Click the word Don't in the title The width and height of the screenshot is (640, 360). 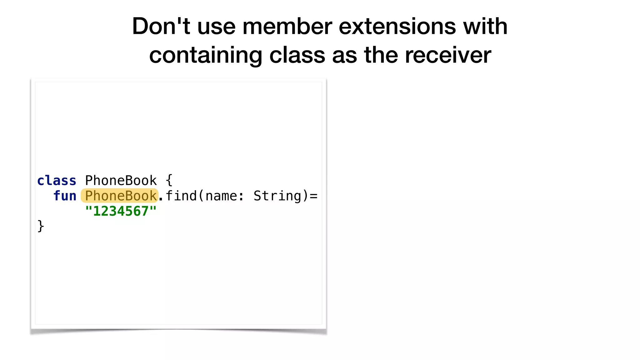click(x=161, y=26)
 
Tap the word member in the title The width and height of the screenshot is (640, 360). click(x=287, y=26)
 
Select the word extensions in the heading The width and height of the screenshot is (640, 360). click(x=397, y=26)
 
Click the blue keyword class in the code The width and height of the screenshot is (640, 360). click(x=57, y=181)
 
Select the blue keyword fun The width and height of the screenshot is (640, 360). click(x=65, y=196)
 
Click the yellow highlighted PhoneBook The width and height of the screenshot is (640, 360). click(x=120, y=196)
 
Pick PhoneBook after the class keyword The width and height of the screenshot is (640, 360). click(x=121, y=181)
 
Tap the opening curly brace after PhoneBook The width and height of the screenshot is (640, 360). click(x=169, y=180)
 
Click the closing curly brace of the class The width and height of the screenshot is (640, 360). click(x=41, y=226)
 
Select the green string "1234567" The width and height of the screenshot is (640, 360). click(x=121, y=211)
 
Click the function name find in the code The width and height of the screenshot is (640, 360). click(x=181, y=196)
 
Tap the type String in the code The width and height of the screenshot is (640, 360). click(x=277, y=196)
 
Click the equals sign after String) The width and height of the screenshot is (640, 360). click(x=314, y=196)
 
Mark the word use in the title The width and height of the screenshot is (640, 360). click(x=216, y=26)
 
